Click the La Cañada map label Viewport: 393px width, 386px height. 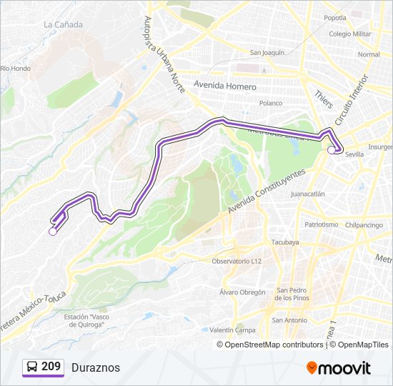click(63, 24)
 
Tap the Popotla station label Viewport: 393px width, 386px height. click(334, 18)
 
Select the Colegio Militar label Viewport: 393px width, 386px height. click(349, 34)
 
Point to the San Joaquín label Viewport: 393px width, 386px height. click(267, 52)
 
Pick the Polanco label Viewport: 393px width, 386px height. click(271, 103)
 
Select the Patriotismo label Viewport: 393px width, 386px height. click(321, 224)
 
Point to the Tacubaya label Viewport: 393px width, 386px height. click(284, 242)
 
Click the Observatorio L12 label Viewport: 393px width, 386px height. click(237, 261)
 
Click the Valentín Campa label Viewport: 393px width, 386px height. click(232, 330)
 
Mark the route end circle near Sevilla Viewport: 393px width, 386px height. click(331, 150)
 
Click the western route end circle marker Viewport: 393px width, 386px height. click(52, 231)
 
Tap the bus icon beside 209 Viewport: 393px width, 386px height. click(31, 367)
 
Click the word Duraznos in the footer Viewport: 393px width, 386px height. click(96, 367)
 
